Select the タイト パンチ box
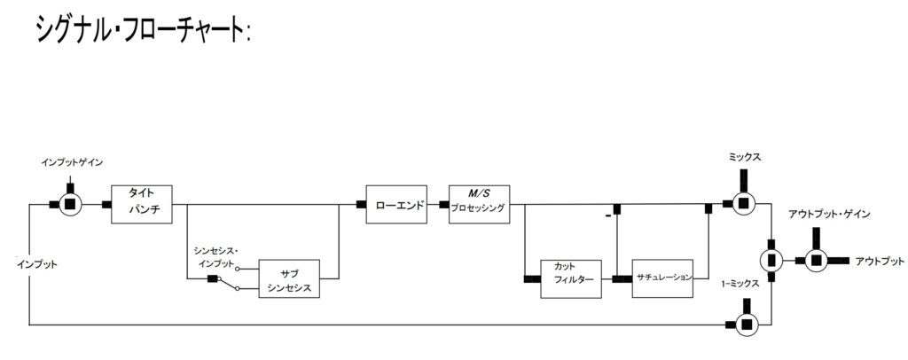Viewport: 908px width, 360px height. [x=140, y=205]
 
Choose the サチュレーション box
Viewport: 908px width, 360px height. [x=663, y=278]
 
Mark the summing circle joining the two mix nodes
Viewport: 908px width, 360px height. [x=771, y=260]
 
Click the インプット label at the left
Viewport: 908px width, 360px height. [x=36, y=264]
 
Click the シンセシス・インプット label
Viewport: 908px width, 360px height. [x=216, y=256]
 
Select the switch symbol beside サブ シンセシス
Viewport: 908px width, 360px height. [x=233, y=280]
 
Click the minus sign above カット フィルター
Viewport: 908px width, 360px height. [x=607, y=215]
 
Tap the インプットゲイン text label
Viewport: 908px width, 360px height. [x=72, y=162]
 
